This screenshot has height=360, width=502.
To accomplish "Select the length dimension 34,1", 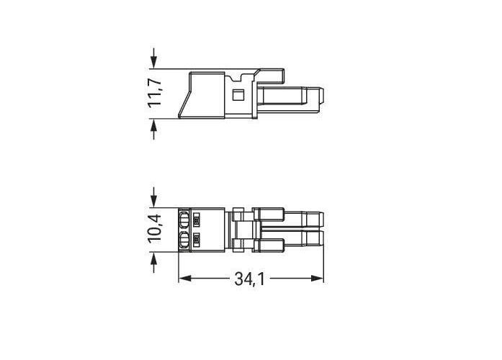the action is tap(250, 279).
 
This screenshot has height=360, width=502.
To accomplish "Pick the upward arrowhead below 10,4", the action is tap(154, 258).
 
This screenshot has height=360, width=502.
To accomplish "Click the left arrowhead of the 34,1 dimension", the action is tap(184, 279).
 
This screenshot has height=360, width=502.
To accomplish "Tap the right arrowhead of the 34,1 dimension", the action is tap(318, 279).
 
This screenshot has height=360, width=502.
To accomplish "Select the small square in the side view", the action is tap(238, 95).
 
